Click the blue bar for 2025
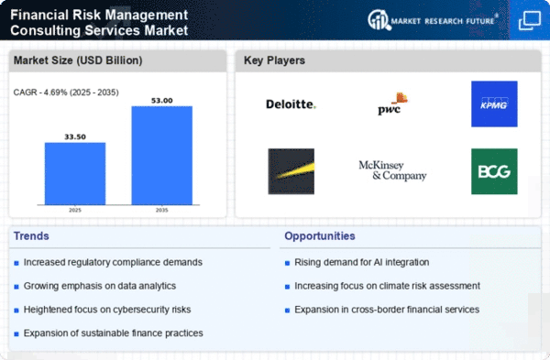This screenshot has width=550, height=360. tap(75, 173)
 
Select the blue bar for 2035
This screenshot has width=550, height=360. tap(162, 156)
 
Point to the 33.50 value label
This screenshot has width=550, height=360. tap(75, 136)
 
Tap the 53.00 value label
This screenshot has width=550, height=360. tap(162, 101)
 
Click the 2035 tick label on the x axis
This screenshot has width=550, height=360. tap(162, 211)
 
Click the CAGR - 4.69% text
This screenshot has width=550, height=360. tap(40, 93)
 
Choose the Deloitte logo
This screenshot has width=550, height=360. tap(291, 104)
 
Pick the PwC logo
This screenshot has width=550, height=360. tap(392, 104)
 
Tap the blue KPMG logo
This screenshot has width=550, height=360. tap(494, 104)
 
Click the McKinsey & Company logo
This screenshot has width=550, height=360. tap(392, 170)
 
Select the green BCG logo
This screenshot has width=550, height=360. tap(494, 171)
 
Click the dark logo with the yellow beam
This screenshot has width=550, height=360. tap(291, 171)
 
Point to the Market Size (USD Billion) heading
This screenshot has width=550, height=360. tap(78, 60)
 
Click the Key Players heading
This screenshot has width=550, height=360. tap(274, 60)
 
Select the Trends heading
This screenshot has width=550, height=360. tap(31, 236)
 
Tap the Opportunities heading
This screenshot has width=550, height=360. tap(320, 236)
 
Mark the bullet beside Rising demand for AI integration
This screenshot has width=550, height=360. tap(287, 263)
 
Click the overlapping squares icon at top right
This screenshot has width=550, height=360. tap(530, 21)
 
